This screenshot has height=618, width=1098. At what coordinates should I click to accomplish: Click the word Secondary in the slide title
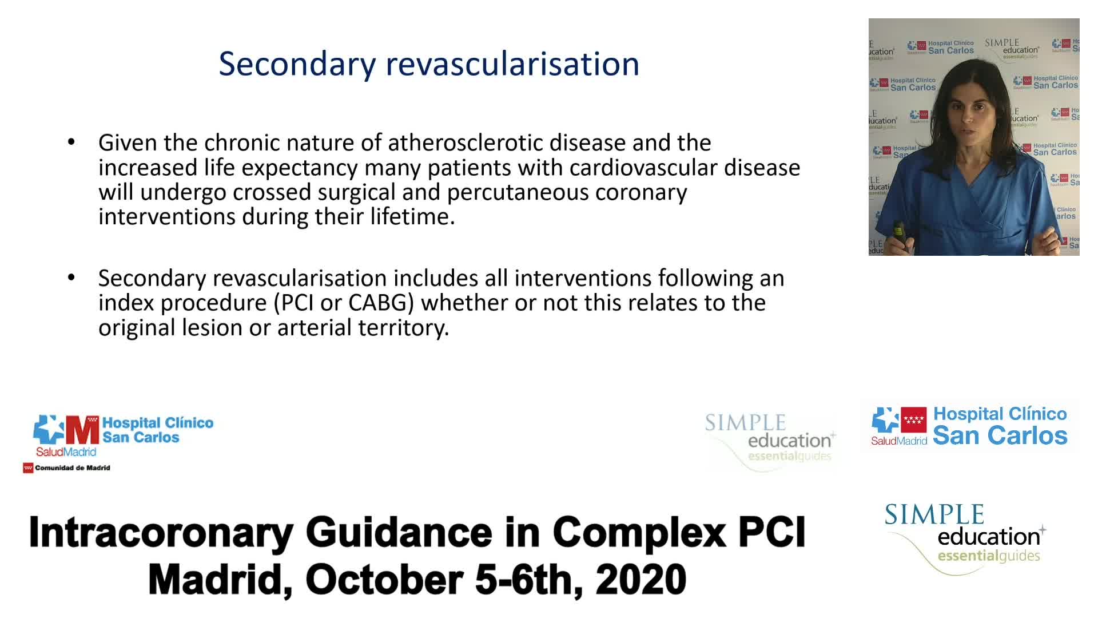pyautogui.click(x=297, y=64)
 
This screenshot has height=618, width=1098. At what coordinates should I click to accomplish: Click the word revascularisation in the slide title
pyautogui.click(x=512, y=63)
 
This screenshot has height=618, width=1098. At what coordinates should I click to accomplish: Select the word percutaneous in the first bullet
pyautogui.click(x=518, y=193)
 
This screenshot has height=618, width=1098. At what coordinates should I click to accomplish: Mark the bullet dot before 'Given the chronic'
pyautogui.click(x=71, y=142)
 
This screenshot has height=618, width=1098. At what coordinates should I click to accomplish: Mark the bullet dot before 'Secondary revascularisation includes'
pyautogui.click(x=71, y=278)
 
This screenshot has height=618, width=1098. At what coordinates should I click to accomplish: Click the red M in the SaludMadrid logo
pyautogui.click(x=83, y=430)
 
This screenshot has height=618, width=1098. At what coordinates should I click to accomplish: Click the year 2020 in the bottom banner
pyautogui.click(x=640, y=579)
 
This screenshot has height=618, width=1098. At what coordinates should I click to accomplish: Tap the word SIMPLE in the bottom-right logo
pyautogui.click(x=934, y=514)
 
